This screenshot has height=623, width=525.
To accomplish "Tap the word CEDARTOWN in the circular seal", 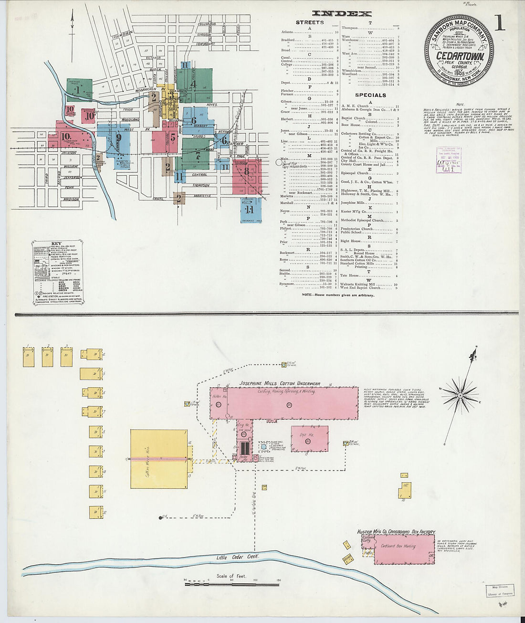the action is (x=460, y=56).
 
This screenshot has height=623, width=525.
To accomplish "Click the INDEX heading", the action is (x=341, y=14).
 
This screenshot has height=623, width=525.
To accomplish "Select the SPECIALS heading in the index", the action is (x=370, y=95).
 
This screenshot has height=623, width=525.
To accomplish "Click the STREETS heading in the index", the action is (x=309, y=22).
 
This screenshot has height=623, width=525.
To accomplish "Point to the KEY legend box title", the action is (x=56, y=243).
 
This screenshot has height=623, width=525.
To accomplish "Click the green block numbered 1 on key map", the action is (x=78, y=89).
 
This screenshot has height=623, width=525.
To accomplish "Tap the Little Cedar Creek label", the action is (x=237, y=557).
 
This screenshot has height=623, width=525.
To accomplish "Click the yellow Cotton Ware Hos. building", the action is (x=159, y=459).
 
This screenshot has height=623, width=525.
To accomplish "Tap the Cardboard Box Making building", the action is (x=403, y=549).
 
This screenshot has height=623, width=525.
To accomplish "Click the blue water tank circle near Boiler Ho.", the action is (x=263, y=447).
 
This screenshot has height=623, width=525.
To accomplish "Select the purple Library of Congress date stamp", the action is (x=449, y=159).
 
